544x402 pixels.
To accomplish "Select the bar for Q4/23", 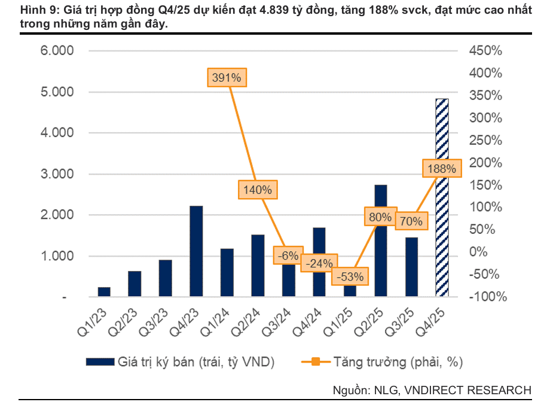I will click(196, 251).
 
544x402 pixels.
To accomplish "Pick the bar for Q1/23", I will click(104, 292).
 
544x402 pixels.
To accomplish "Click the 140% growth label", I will click(258, 190).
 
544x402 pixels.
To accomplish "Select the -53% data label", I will click(350, 276).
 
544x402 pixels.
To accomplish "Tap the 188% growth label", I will click(442, 169).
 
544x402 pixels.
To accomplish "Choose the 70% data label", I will click(411, 221).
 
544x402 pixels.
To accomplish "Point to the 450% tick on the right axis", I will click(485, 50).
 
